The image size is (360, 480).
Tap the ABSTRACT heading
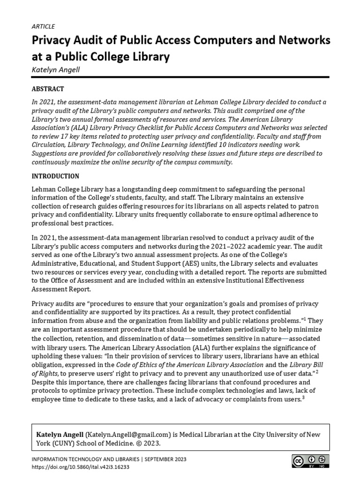pos(47,89)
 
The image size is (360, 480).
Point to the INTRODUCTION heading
pos(55,176)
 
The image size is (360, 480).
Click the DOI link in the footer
pos(80,467)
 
